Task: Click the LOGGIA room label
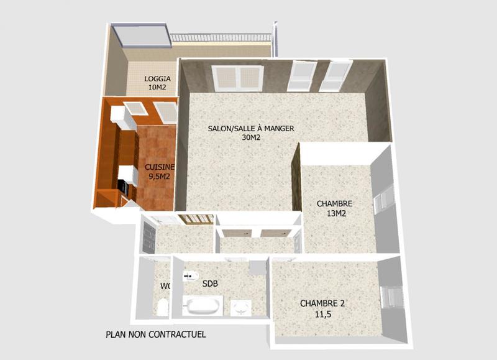tap(158, 79)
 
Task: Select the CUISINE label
tap(160, 167)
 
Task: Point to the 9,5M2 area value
tap(160, 177)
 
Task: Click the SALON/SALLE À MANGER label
tap(251, 129)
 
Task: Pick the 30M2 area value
tap(251, 138)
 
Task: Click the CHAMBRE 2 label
tap(322, 303)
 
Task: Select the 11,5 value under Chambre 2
tap(322, 314)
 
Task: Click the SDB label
tap(211, 284)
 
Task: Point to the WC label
tap(165, 286)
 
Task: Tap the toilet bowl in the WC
tap(162, 307)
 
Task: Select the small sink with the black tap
tap(189, 275)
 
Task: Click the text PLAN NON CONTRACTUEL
tap(156, 335)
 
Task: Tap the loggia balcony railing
tap(221, 38)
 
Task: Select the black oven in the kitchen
tap(122, 186)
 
